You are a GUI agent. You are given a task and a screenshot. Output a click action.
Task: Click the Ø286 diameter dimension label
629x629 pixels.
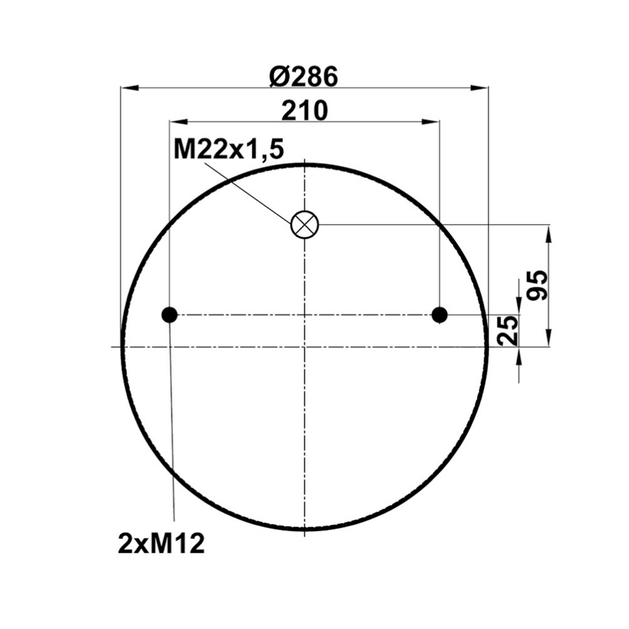(x=304, y=77)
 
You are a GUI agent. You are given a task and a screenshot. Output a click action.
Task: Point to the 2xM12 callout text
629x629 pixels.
(x=162, y=544)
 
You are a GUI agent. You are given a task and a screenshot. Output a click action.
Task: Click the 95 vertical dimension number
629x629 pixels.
(x=537, y=285)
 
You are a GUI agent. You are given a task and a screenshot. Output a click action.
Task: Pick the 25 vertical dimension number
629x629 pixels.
(x=506, y=331)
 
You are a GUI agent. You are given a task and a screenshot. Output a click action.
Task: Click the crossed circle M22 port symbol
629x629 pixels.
(x=304, y=225)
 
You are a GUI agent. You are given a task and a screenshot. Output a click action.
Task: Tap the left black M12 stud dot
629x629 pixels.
(x=169, y=315)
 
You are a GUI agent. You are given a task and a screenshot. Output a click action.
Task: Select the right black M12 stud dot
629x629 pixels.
(x=440, y=315)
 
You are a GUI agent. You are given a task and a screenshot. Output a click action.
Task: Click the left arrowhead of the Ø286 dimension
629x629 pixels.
(x=130, y=87)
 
